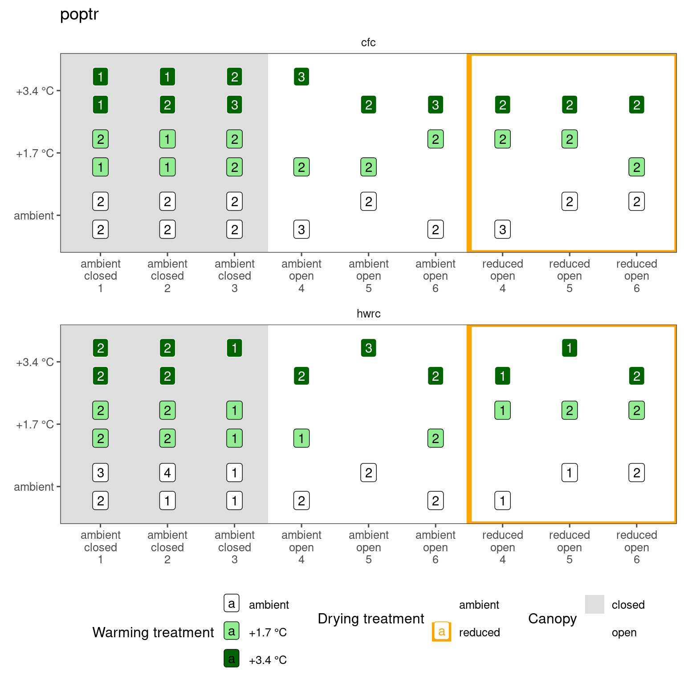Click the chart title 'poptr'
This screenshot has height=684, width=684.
point(79,14)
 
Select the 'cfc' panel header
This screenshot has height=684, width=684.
point(368,43)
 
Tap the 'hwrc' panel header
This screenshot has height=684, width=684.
point(368,314)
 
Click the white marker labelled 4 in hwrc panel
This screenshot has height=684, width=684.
point(167,472)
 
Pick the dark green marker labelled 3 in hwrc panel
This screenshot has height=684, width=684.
point(368,348)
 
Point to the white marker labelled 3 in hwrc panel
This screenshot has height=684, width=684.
point(101,472)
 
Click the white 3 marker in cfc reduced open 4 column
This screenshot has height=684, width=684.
point(502,230)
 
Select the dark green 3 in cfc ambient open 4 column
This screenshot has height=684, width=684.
point(301,77)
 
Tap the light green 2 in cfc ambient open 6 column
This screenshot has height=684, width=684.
point(436,139)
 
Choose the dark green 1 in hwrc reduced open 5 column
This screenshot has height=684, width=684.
point(570,348)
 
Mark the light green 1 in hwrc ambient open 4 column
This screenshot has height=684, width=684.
point(301,438)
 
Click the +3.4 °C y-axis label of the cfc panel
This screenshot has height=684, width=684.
point(35,91)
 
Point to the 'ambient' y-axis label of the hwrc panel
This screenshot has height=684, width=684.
point(34,487)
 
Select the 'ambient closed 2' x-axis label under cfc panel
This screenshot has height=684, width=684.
point(167,276)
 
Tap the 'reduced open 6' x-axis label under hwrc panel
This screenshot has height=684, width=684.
point(636,547)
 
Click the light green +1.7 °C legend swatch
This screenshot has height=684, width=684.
point(232,631)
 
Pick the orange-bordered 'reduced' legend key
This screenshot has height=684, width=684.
point(442,631)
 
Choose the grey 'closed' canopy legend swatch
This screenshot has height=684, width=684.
point(594,604)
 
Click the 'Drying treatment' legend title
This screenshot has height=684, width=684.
point(371,619)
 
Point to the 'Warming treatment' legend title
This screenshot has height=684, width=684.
point(153,632)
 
